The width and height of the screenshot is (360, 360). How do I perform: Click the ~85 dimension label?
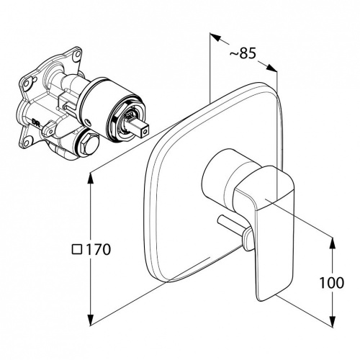pos(243,53)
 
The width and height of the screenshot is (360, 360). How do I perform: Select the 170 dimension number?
pos(99,249)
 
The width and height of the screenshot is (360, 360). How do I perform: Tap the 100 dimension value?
pos(332,283)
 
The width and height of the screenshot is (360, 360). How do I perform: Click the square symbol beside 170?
pos(77,249)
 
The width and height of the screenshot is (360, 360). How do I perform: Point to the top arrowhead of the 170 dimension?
pos(91,179)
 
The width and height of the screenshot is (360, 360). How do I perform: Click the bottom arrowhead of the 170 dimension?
pos(91,320)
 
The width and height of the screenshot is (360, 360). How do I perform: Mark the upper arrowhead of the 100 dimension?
pos(333,243)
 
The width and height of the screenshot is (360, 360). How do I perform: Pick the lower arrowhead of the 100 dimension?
pos(333,322)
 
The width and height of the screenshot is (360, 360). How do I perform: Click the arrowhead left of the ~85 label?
pos(215,37)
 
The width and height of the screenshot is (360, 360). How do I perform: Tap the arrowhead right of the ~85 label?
pos(271,68)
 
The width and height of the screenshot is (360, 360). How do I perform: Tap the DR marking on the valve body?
pos(35,122)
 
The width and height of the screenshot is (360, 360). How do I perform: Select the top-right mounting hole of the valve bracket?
pos(77,53)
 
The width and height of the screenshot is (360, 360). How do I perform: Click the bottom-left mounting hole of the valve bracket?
pos(28,140)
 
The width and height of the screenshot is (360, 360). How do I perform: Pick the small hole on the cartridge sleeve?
pos(89,123)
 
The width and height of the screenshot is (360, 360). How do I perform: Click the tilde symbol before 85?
pos(234,54)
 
